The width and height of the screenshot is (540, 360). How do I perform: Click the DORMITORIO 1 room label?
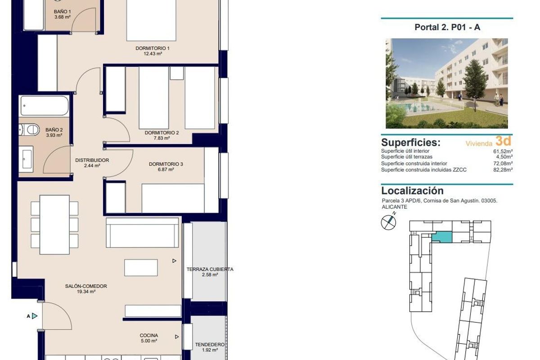[x=153, y=48]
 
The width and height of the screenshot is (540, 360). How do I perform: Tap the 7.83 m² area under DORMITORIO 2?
[x=162, y=139]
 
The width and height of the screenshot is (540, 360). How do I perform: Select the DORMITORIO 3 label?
[x=166, y=164]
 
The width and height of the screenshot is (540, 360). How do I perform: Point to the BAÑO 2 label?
[x=54, y=129]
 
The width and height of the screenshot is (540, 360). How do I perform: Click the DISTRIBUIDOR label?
[x=92, y=160]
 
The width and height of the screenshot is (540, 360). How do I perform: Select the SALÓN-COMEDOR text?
[x=86, y=286]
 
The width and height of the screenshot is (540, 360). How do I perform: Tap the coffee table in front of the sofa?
[x=141, y=267]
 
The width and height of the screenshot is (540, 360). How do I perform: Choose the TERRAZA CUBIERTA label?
[x=210, y=269]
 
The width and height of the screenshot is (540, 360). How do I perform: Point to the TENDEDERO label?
[x=209, y=345]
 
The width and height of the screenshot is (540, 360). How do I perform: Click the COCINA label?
[x=148, y=335]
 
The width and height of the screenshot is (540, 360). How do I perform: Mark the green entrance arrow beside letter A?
[x=35, y=316]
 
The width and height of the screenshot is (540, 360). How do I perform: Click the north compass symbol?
[x=388, y=222]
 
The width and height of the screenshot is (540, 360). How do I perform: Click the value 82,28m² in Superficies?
[x=503, y=170]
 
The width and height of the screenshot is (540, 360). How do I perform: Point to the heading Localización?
[x=412, y=191]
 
